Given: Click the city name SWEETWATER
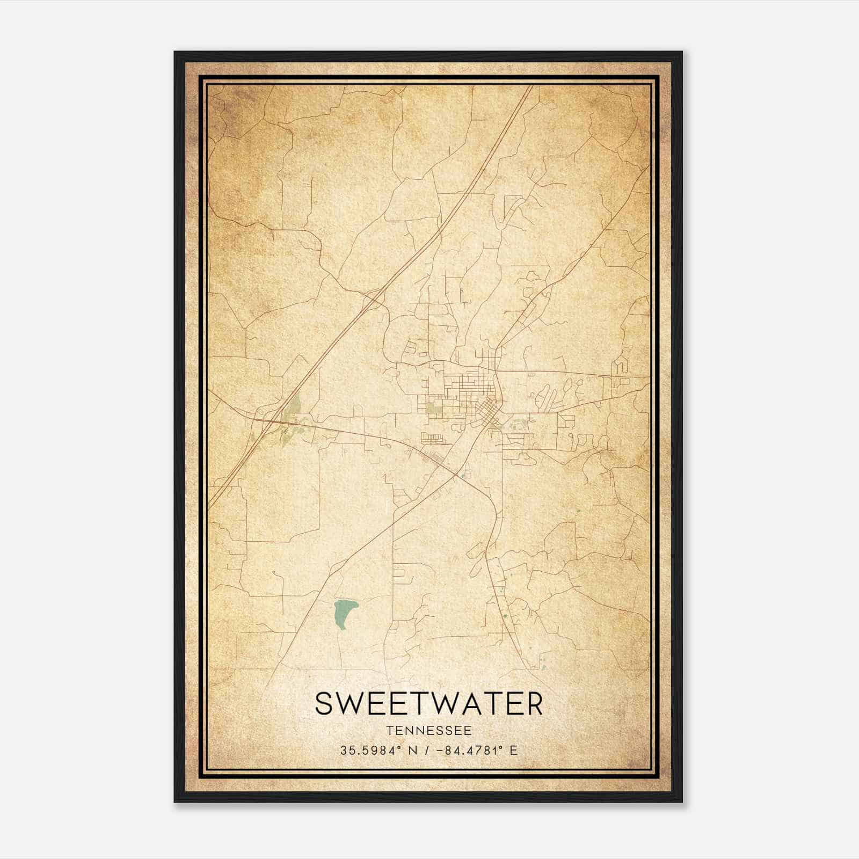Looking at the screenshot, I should point(428,703).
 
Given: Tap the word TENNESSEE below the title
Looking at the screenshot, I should point(428,731).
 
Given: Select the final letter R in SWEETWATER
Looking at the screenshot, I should point(534,703).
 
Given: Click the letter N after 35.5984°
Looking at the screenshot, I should point(413,750).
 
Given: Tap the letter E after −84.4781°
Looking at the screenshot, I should point(514,750).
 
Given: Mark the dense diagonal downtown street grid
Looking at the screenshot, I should point(487,411).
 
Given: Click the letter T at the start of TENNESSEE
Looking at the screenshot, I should point(388,731).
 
